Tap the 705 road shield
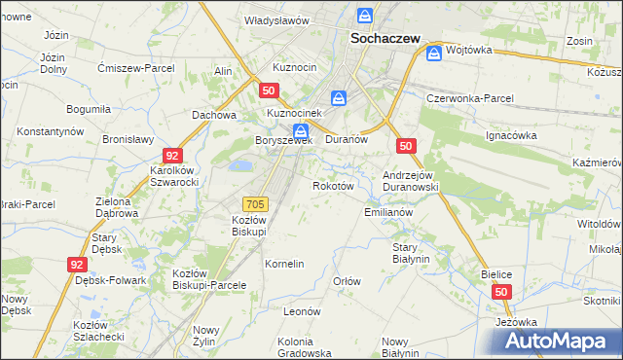point(255,203)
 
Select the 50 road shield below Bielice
point(501,292)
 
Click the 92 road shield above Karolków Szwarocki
point(172,156)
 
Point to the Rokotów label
point(332,186)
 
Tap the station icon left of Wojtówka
point(433,53)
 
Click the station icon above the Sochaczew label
point(364,17)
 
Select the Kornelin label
point(285,264)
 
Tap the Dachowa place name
point(214,115)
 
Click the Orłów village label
point(348,281)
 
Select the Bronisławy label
point(128,139)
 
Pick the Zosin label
point(580,42)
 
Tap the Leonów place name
point(302,311)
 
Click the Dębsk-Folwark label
point(110,280)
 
